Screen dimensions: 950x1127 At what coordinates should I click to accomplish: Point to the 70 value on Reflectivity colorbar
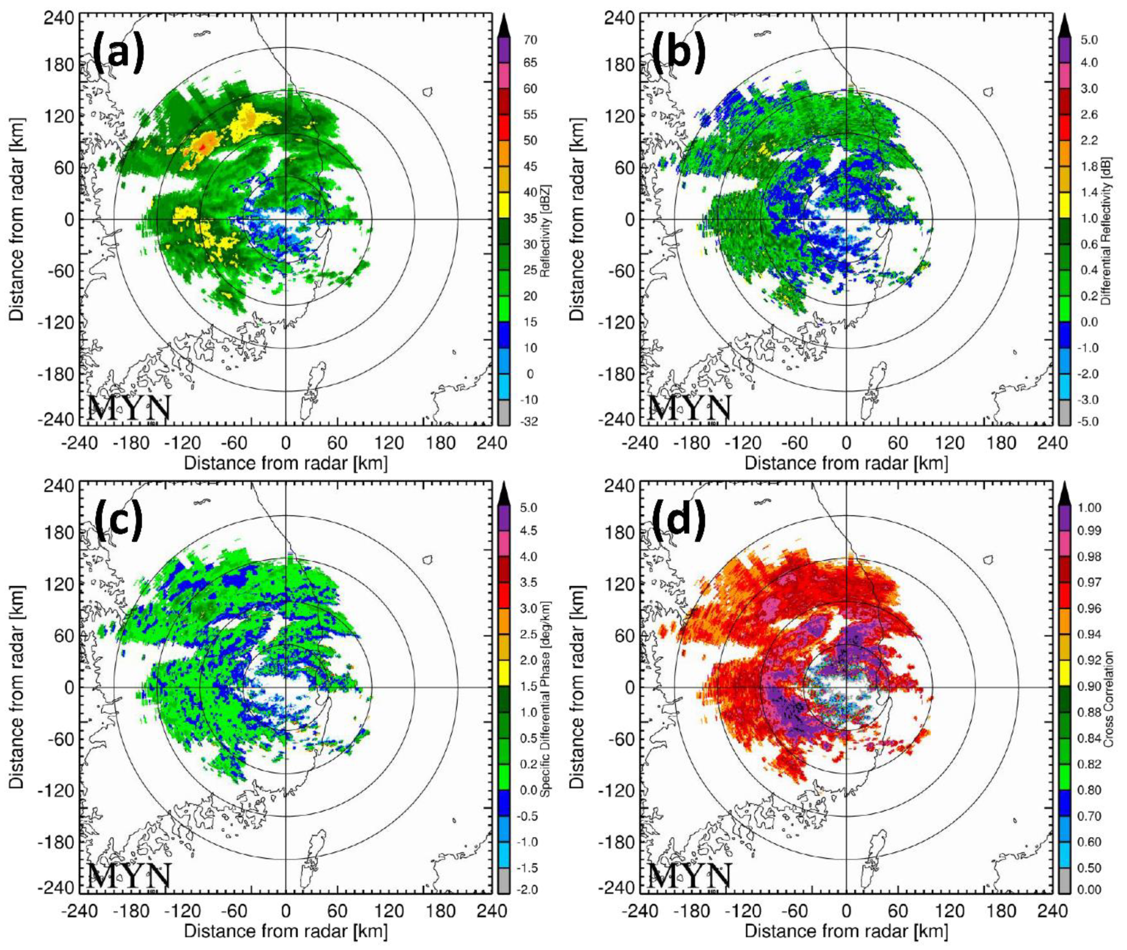pos(531,40)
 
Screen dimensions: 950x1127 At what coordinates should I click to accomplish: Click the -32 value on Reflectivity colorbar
pos(531,421)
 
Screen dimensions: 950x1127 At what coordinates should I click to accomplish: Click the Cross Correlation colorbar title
pos(1109,698)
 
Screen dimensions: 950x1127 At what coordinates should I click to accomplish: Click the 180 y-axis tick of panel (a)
pos(60,64)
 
